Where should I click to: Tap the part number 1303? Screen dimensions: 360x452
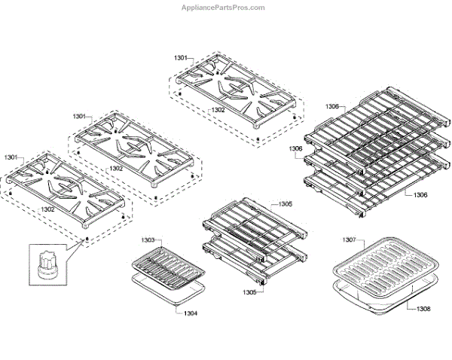pyautogui.click(x=148, y=240)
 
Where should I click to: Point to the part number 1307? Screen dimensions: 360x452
pyautogui.click(x=348, y=240)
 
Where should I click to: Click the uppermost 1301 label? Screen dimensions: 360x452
pyautogui.click(x=182, y=58)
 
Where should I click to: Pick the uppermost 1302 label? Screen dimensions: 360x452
pyautogui.click(x=218, y=110)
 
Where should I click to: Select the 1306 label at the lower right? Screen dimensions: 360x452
pyautogui.click(x=420, y=195)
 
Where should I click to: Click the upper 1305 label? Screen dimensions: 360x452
pyautogui.click(x=285, y=204)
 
